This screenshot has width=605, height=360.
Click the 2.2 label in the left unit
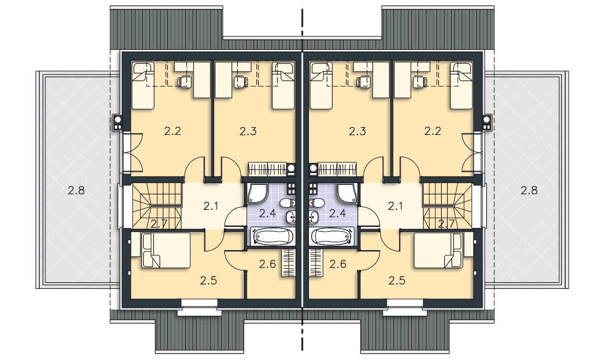tap(172, 131)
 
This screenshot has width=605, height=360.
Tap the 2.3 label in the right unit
tap(357, 131)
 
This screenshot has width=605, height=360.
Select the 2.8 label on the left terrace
tap(76, 190)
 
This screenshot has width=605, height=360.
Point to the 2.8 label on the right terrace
tap(529, 190)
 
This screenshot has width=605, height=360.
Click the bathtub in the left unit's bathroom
tap(273, 236)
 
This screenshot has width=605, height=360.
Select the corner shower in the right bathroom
tap(347, 194)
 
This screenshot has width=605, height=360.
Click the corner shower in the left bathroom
tap(257, 194)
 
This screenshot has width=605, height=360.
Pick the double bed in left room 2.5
tap(166, 250)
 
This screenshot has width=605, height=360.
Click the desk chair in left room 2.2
tap(185, 82)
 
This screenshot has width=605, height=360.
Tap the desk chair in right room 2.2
tap(419, 82)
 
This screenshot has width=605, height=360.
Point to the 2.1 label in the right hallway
tap(395, 207)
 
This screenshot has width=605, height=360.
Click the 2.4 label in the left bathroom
tap(267, 213)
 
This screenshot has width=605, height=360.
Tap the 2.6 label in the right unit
tap(337, 264)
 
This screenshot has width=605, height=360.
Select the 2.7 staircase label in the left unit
tap(158, 224)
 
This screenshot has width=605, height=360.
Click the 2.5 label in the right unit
tap(397, 280)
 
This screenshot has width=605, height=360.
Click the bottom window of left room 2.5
tap(199, 307)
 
